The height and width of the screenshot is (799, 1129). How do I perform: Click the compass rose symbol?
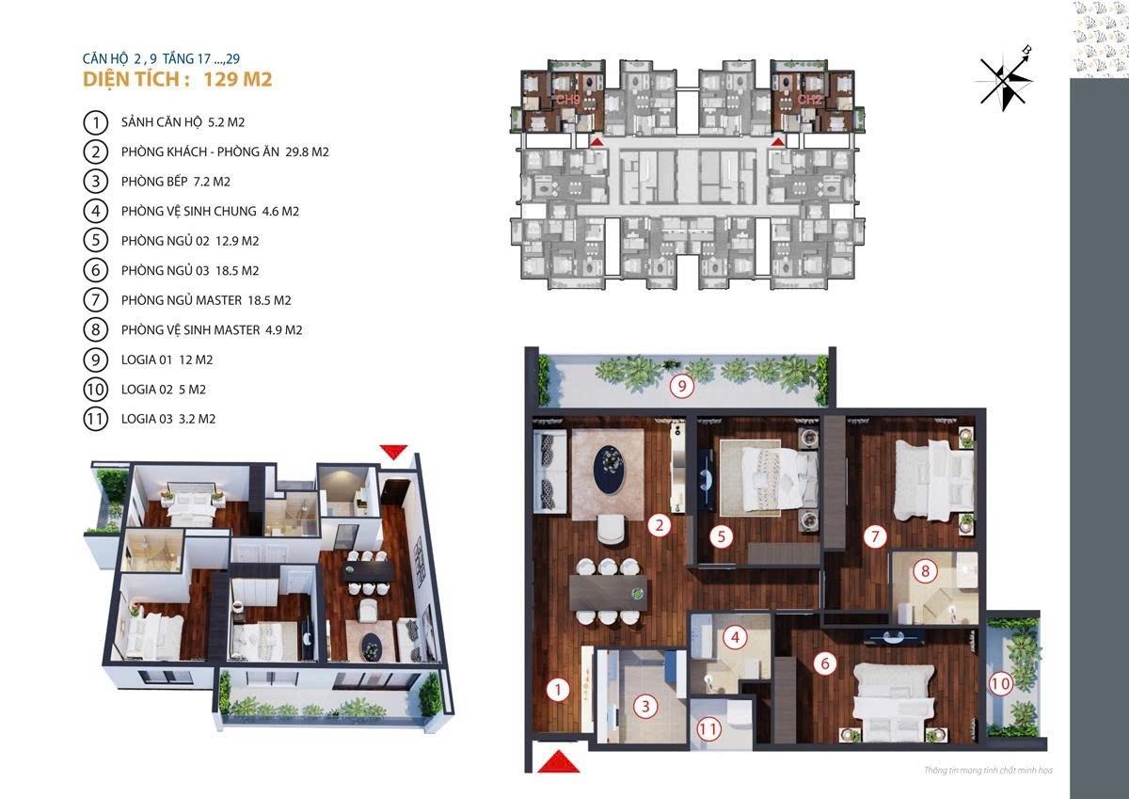[1006, 78]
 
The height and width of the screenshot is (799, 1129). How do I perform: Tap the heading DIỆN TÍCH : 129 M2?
[178, 79]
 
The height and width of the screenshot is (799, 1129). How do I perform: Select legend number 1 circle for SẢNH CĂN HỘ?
[94, 122]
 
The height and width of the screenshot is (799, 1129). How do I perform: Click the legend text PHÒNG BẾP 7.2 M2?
[176, 182]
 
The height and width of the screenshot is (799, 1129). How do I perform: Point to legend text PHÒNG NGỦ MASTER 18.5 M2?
[206, 300]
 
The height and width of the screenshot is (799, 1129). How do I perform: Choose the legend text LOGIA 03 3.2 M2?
[168, 419]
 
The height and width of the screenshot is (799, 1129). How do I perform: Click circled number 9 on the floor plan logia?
[680, 384]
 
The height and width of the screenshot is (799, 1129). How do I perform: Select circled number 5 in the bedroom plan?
[721, 537]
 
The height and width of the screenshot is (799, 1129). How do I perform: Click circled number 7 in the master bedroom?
[874, 537]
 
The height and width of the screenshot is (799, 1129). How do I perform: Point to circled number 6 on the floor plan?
[824, 663]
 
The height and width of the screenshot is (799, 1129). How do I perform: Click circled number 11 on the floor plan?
[708, 727]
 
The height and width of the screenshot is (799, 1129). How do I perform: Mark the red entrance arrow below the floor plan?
[556, 759]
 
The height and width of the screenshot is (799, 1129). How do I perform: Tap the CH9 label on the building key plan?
[567, 99]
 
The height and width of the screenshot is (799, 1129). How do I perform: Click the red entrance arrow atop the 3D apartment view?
[393, 451]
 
